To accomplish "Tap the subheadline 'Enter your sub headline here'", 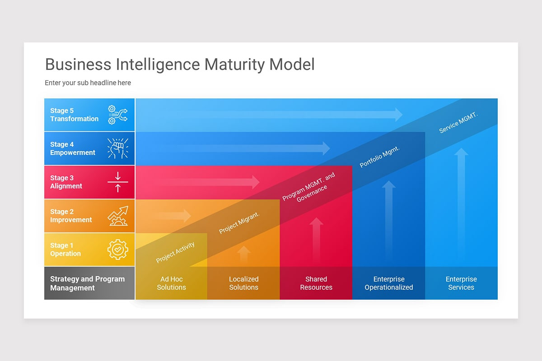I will tap(88, 83).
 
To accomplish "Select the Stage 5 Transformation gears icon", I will tap(117, 115).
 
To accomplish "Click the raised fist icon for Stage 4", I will tap(117, 148).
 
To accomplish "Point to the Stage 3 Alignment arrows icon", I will tap(117, 182).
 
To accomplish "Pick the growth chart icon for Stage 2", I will tap(117, 216).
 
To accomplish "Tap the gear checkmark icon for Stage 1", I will tap(117, 250).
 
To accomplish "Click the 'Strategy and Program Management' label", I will tap(87, 283).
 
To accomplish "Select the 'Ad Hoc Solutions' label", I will tap(172, 283).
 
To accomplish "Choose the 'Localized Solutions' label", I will tap(244, 283).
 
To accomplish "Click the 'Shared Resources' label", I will tap(316, 283).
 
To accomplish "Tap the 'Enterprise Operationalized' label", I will tap(389, 283).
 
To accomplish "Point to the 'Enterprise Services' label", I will tap(461, 283).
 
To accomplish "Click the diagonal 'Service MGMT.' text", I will tap(458, 122).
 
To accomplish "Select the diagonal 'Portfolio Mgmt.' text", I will tap(380, 156).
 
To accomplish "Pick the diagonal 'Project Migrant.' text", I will tap(239, 223).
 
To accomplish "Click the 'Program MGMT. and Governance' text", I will tap(310, 187).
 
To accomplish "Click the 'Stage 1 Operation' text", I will tap(65, 250).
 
